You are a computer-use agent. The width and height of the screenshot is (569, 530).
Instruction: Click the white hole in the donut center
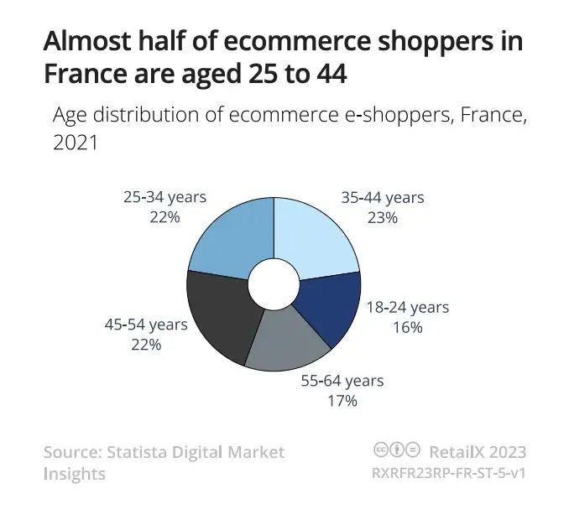pyautogui.click(x=274, y=283)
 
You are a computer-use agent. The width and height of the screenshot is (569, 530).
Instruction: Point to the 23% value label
pyautogui.click(x=382, y=217)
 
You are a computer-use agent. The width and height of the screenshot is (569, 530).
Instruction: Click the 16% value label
pyautogui.click(x=407, y=327)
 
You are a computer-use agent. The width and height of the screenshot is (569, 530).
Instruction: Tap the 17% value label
pyautogui.click(x=342, y=401)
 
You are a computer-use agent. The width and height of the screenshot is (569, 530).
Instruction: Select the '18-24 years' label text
pyautogui.click(x=407, y=307)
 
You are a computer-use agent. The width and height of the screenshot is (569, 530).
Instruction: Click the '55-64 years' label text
pyautogui.click(x=342, y=381)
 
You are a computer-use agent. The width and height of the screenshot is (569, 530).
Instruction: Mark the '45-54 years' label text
pyautogui.click(x=145, y=324)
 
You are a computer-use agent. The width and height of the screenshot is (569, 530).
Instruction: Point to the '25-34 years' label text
pyautogui.click(x=164, y=197)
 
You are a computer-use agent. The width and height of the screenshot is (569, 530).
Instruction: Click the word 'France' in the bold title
pyautogui.click(x=84, y=75)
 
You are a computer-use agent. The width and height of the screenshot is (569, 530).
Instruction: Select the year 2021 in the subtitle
pyautogui.click(x=76, y=143)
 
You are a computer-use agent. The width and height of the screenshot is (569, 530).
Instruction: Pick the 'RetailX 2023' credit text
pyautogui.click(x=478, y=452)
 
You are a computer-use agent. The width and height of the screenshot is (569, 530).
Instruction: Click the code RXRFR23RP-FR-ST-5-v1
pyautogui.click(x=448, y=473)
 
